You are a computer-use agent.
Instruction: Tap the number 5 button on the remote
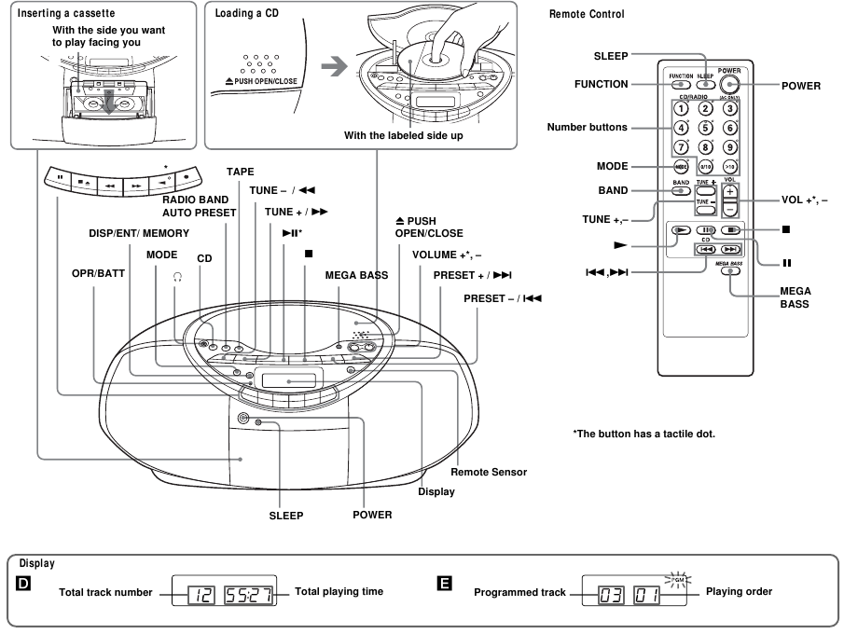[x=706, y=128]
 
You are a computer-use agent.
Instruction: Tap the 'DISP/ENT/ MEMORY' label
[x=139, y=233]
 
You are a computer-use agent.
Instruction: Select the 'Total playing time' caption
[x=339, y=592]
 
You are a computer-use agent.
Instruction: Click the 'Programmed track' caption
[x=519, y=592]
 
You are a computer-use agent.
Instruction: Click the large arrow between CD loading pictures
[x=333, y=68]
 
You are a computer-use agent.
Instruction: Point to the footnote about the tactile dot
[x=643, y=433]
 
